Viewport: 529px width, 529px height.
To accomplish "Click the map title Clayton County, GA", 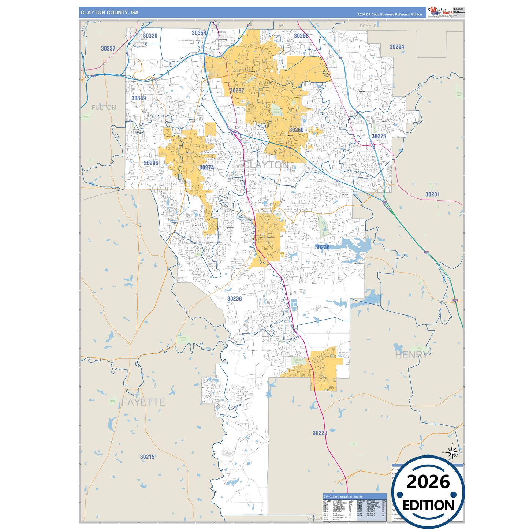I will pos(109,12).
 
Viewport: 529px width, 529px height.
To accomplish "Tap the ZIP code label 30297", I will pos(237,90).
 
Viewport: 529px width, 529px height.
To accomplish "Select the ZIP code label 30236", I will pos(322,247).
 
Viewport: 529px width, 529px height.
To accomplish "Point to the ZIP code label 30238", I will pos(234,298).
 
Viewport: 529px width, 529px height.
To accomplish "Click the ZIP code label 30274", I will pos(206,168).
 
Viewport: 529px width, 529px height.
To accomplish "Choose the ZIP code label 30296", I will pos(151,163).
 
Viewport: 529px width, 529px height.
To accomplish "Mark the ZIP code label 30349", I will pos(139,98).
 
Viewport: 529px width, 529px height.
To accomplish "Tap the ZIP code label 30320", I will pos(150,36).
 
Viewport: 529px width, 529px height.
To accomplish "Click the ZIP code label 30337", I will pos(108,48).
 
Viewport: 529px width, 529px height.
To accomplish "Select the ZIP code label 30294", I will pos(397,47).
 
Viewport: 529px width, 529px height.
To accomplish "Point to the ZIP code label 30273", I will pos(379,136).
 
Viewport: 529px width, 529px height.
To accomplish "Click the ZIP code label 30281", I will pos(432,194).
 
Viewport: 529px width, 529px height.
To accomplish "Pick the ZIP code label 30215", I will pos(147,457).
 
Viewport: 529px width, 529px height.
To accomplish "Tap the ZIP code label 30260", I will pos(296,130).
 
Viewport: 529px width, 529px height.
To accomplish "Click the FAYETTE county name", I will pos(143,402).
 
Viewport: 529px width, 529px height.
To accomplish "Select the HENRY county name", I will pos(411,355).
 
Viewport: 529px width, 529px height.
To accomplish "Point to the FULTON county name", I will pos(104,108).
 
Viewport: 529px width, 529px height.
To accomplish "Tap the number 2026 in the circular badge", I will pos(428,482).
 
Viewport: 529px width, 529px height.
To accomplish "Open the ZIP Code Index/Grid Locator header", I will pos(343,497).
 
